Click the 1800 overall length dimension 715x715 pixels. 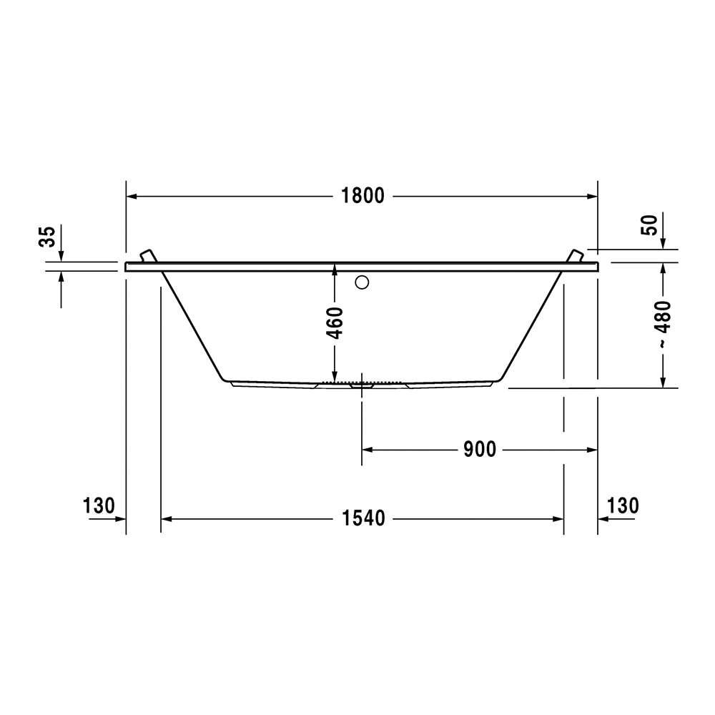pyautogui.click(x=363, y=196)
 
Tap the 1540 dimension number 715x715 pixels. pyautogui.click(x=363, y=519)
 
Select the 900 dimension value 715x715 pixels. pyautogui.click(x=480, y=450)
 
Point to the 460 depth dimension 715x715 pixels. pyautogui.click(x=335, y=323)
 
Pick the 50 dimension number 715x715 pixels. pyautogui.click(x=650, y=225)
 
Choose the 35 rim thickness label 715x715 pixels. pyautogui.click(x=47, y=236)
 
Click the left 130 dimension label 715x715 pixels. pyautogui.click(x=99, y=506)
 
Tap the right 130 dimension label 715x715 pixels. pyautogui.click(x=623, y=506)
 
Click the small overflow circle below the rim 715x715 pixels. pyautogui.click(x=362, y=282)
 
